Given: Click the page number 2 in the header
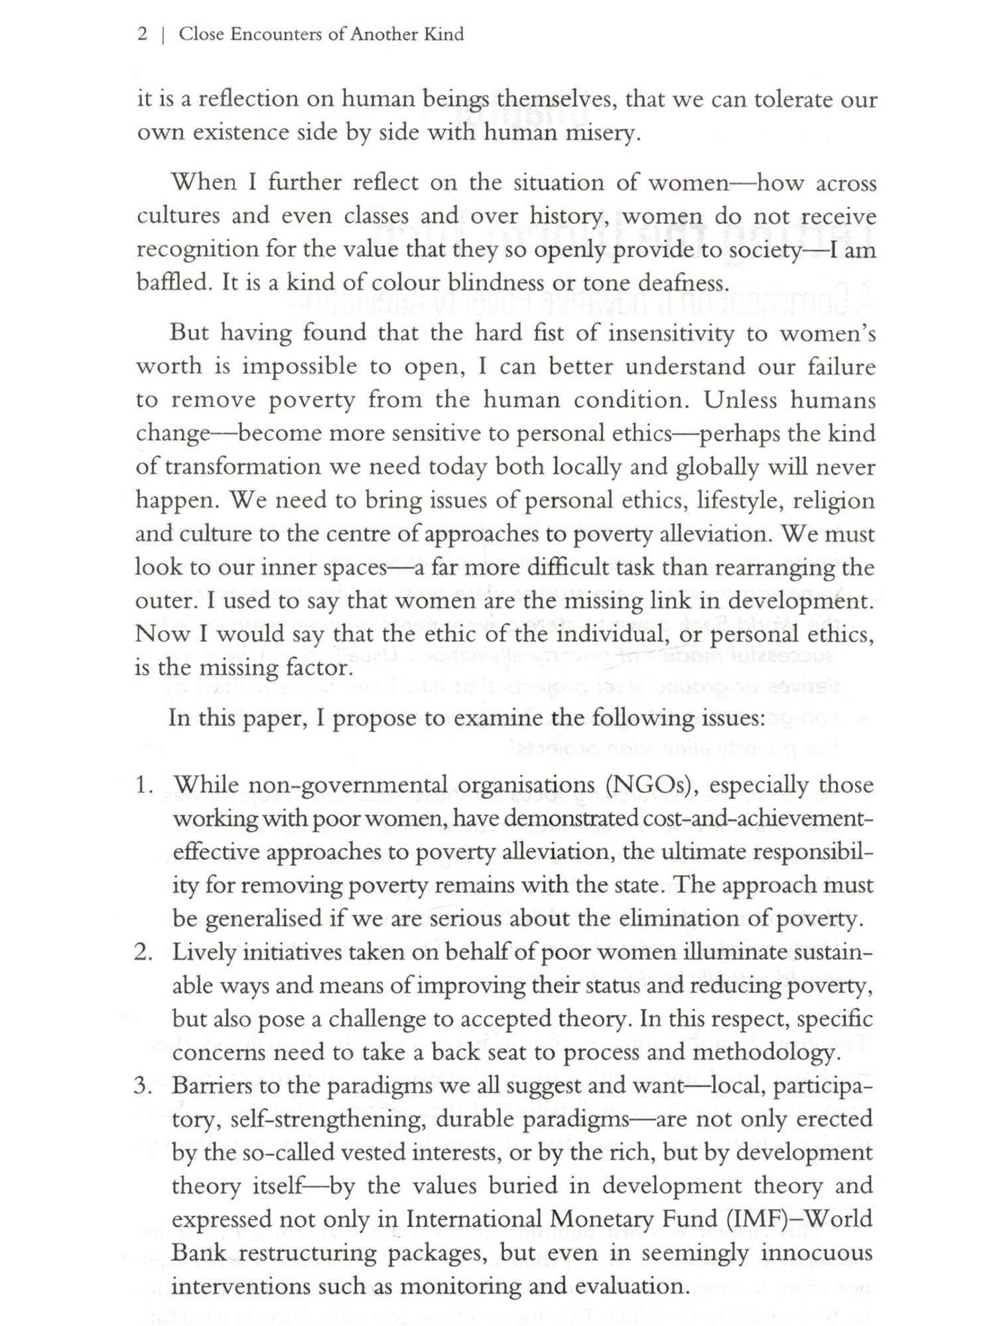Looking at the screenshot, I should (x=143, y=34).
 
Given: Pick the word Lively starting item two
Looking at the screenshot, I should (x=204, y=953).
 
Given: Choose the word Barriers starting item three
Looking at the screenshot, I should (x=216, y=1087).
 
